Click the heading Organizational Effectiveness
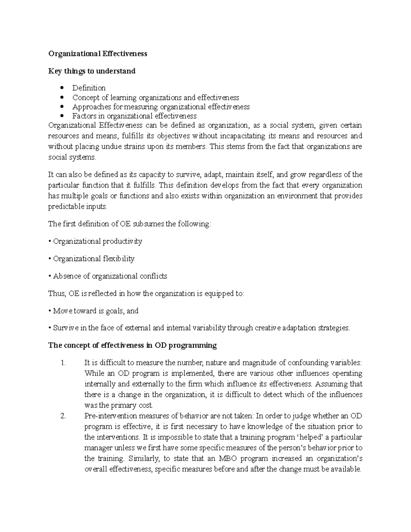coord(98,54)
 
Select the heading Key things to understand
coord(92,71)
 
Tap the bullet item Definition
coord(89,88)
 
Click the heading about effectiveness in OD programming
coord(133,345)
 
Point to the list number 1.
coord(63,363)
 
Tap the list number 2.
coord(63,416)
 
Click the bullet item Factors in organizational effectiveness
coord(134,116)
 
